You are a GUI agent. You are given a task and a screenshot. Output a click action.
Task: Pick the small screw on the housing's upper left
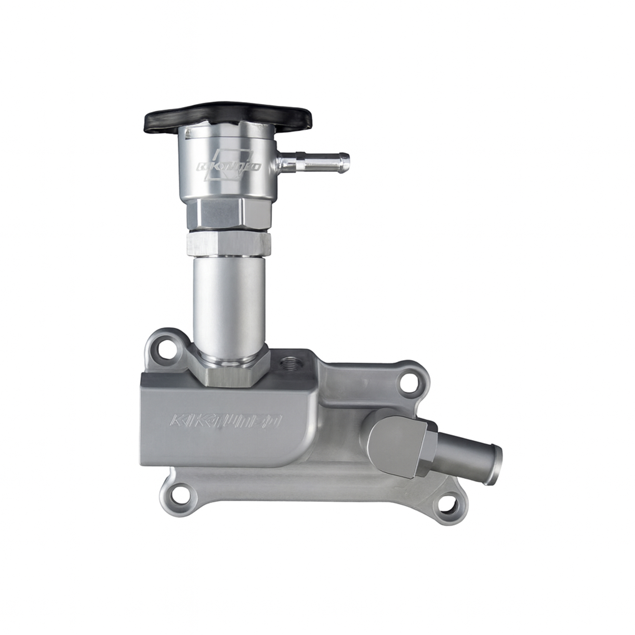pyautogui.click(x=188, y=133)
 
